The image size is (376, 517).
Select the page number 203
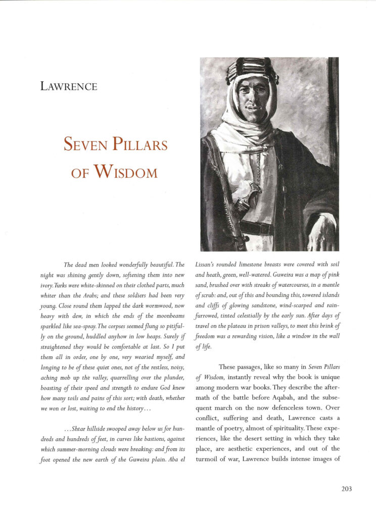coord(347,488)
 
